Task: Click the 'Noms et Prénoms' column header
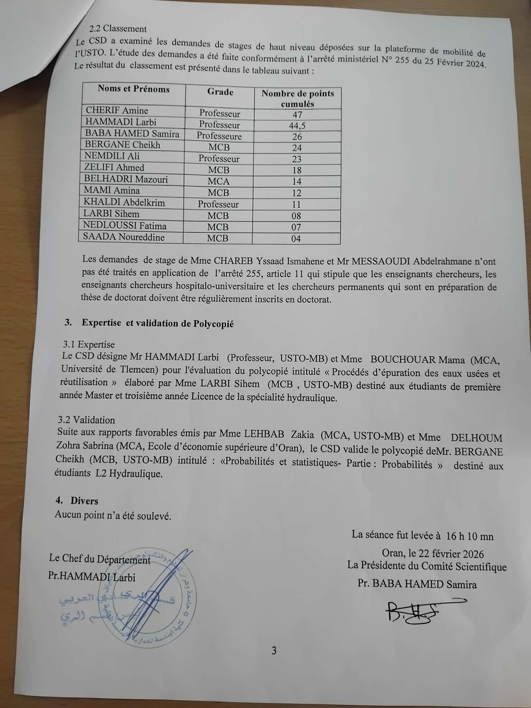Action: (134, 89)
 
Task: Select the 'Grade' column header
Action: (220, 92)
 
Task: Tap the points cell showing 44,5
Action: (297, 125)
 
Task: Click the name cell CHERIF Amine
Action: (117, 110)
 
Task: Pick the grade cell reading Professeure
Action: (219, 136)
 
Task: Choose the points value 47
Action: (297, 114)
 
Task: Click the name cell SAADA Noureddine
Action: (123, 237)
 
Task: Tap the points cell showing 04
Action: (296, 239)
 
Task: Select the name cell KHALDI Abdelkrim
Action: (124, 203)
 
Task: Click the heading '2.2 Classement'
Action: (118, 29)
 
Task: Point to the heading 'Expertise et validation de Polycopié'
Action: (158, 323)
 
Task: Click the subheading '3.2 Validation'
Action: (86, 420)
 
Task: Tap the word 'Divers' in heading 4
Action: (84, 501)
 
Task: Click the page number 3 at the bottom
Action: (274, 651)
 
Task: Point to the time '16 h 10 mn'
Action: (469, 536)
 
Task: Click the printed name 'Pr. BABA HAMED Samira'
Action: (417, 584)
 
